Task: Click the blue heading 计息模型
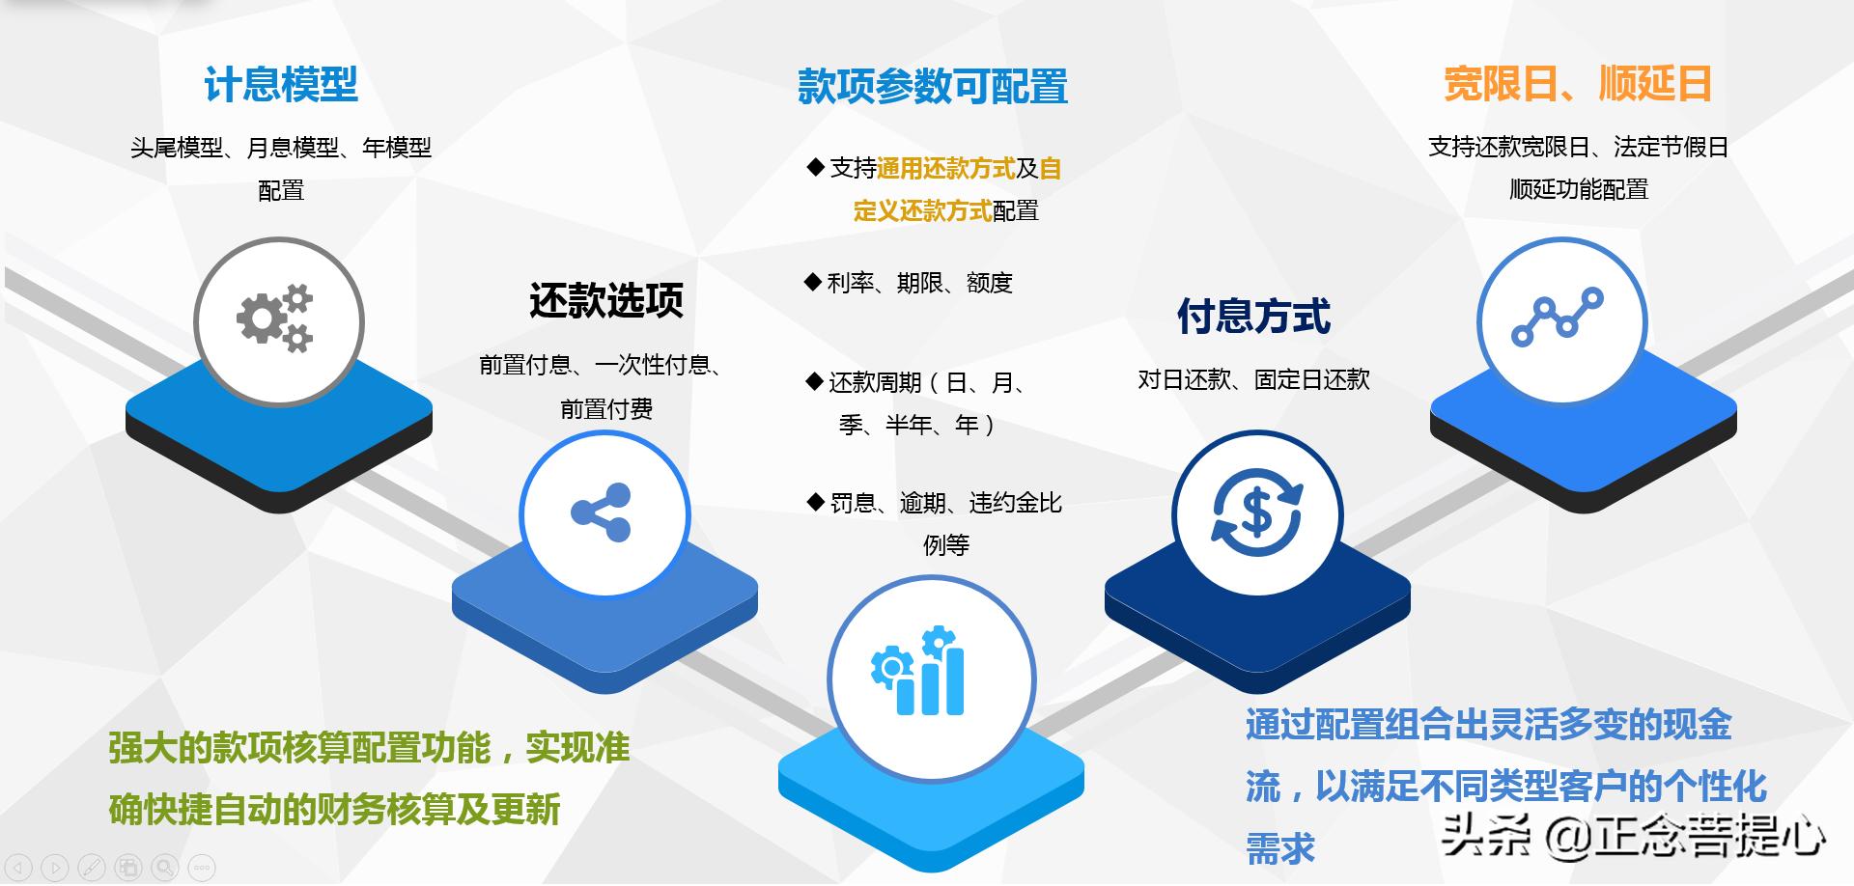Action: (x=280, y=85)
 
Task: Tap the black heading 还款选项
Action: (x=605, y=301)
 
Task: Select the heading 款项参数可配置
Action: (x=932, y=87)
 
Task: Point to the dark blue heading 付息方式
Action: (x=1253, y=317)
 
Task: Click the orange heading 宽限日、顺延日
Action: (x=1577, y=85)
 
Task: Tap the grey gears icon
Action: (x=277, y=318)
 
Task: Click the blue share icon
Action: (x=602, y=512)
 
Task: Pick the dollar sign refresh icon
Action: (x=1256, y=512)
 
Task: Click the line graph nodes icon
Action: (x=1557, y=318)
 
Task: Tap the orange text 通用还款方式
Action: (x=945, y=169)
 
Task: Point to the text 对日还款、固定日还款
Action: (x=1253, y=379)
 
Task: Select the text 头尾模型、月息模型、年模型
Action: (x=280, y=148)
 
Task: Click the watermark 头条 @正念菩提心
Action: (x=1632, y=835)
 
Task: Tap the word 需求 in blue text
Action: (x=1280, y=849)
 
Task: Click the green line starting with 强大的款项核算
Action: (x=369, y=748)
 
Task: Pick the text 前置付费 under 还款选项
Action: (x=605, y=409)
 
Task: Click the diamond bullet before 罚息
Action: (x=814, y=502)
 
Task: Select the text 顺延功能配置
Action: (x=1579, y=189)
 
